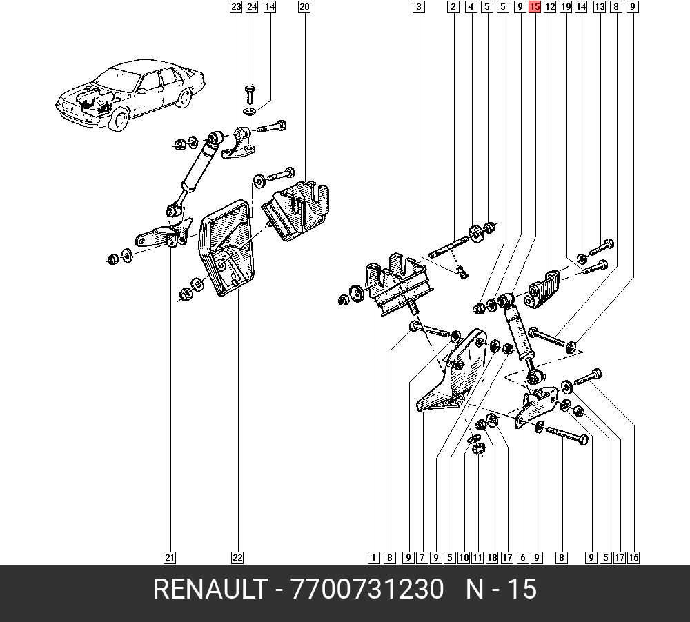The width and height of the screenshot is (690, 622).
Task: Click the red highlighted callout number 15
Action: click(x=535, y=7)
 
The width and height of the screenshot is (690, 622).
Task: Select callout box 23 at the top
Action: click(x=236, y=7)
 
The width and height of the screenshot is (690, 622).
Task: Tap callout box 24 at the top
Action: click(x=252, y=7)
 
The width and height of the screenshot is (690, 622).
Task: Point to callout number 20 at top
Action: click(x=304, y=7)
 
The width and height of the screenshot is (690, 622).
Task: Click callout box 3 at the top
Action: click(x=419, y=7)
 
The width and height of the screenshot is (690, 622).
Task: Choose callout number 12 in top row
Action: click(x=550, y=7)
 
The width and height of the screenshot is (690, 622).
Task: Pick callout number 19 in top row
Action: click(x=566, y=7)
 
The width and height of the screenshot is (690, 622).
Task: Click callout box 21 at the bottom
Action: click(x=170, y=558)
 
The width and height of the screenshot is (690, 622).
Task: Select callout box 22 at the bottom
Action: click(x=237, y=558)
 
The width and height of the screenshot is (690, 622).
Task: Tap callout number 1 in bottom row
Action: click(x=373, y=558)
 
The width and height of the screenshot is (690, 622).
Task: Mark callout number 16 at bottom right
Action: click(x=633, y=558)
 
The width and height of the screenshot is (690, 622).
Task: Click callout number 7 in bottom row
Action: click(x=422, y=558)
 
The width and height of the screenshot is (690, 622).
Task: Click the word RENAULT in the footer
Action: click(x=210, y=589)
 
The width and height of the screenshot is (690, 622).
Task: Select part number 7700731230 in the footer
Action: click(x=368, y=589)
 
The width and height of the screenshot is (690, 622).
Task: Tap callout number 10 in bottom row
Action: click(x=464, y=558)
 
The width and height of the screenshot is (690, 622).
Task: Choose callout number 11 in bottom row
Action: click(x=477, y=558)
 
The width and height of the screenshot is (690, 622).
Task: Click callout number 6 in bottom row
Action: click(x=522, y=558)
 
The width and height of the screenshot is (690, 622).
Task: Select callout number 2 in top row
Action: click(x=453, y=7)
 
